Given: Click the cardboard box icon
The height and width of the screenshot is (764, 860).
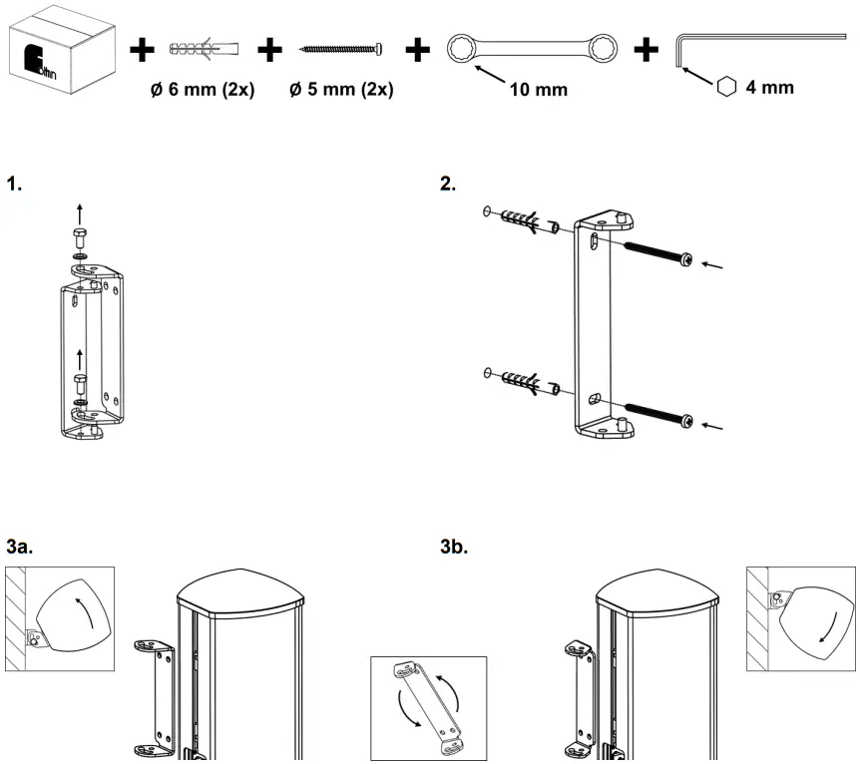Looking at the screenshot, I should coord(58,50).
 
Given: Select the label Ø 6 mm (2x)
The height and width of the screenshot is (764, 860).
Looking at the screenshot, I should coord(203,90).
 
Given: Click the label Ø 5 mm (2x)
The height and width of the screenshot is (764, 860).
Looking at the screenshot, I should coord(340,90).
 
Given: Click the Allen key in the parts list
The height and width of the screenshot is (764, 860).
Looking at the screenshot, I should coord(758,45).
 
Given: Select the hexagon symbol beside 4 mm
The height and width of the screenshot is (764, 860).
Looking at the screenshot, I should coord(727,88).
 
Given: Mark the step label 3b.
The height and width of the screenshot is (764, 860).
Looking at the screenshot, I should coord(454,548).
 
